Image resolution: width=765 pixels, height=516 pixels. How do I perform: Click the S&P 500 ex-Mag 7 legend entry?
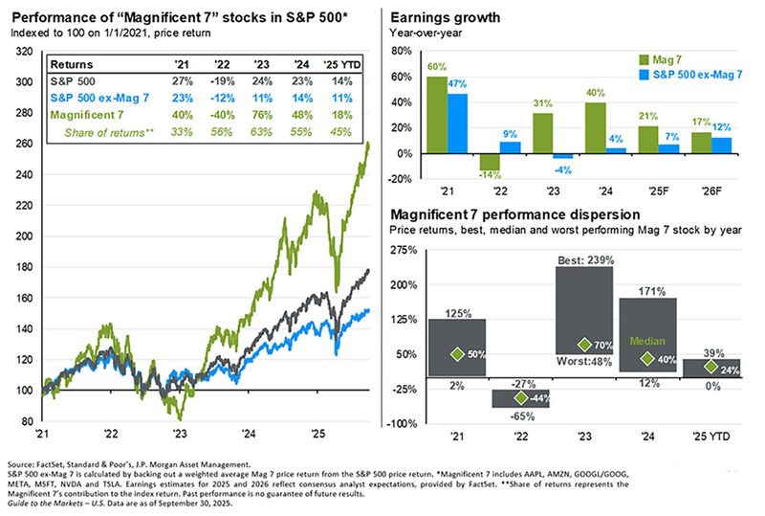coord(690,74)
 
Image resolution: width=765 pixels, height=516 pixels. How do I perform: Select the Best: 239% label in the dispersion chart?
coord(584,260)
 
